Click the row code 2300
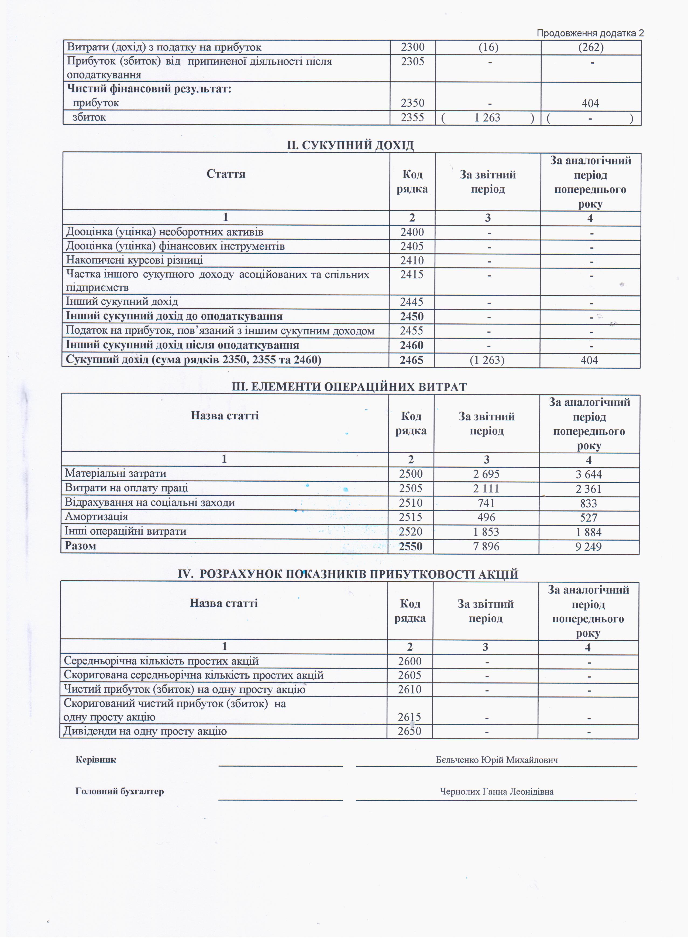click(412, 47)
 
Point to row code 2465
click(411, 360)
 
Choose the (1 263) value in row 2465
click(487, 360)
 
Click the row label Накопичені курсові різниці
click(134, 261)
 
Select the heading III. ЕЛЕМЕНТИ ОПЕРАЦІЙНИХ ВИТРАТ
click(349, 387)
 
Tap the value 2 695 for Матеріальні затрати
click(487, 474)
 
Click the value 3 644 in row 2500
click(589, 475)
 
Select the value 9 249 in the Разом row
click(588, 547)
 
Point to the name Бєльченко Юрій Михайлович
click(497, 760)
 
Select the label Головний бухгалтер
click(119, 791)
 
